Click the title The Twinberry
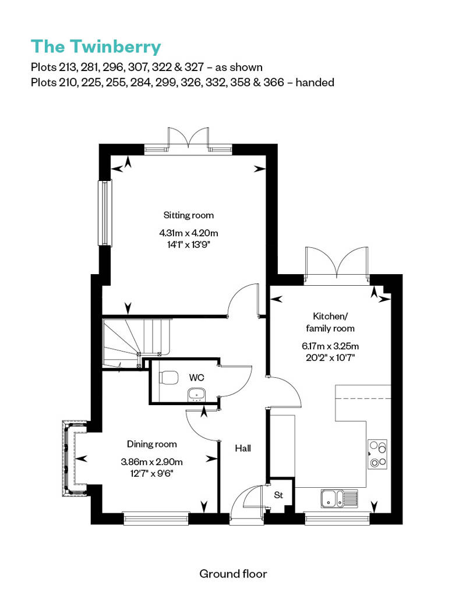(x=96, y=47)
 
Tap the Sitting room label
(x=189, y=215)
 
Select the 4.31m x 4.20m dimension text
(x=189, y=233)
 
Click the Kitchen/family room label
(x=330, y=322)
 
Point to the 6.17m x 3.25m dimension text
(x=330, y=346)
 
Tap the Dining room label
(x=152, y=444)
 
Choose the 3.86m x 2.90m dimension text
(x=151, y=462)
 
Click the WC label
(x=196, y=378)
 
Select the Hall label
(x=243, y=448)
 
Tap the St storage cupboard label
(x=278, y=495)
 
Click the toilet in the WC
(x=168, y=377)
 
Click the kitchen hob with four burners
(x=377, y=454)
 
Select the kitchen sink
(x=339, y=499)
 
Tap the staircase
(x=137, y=343)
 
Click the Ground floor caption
(x=233, y=574)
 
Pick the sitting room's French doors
(x=189, y=139)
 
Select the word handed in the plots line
(x=315, y=82)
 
